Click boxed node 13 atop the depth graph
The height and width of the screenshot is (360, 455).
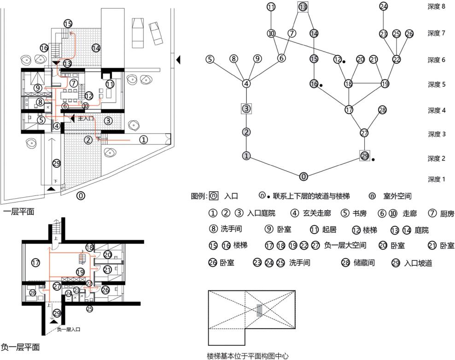click(x=303, y=7)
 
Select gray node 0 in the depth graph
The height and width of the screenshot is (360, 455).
click(x=303, y=177)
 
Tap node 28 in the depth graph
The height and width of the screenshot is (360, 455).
click(x=382, y=110)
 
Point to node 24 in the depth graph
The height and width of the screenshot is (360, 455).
click(x=384, y=6)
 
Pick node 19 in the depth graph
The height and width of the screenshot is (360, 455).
click(x=385, y=83)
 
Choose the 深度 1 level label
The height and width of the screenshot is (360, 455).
click(x=436, y=179)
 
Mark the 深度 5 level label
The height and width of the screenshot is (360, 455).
click(x=436, y=84)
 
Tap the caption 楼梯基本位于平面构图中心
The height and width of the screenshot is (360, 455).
click(x=247, y=356)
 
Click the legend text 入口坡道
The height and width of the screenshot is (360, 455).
click(x=419, y=264)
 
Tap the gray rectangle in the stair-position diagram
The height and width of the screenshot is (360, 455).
click(x=259, y=310)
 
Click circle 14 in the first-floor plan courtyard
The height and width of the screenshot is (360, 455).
click(x=96, y=47)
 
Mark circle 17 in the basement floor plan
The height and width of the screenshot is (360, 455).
click(x=36, y=263)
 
